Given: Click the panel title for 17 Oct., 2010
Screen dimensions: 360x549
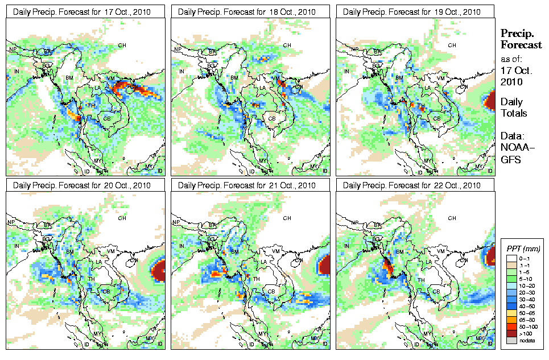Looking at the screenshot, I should tap(81, 11).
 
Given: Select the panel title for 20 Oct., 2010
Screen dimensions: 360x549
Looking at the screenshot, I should tap(81, 185).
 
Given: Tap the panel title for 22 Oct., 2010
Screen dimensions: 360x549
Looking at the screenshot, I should tap(412, 185).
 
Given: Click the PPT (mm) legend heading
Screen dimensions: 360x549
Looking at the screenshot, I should tap(523, 249).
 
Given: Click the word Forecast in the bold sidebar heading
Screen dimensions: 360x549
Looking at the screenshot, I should tap(521, 45).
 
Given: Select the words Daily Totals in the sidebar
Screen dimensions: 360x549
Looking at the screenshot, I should tap(514, 107).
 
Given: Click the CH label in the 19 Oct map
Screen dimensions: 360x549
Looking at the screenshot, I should tap(452, 45).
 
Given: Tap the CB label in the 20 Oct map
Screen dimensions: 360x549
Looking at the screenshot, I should tap(106, 292).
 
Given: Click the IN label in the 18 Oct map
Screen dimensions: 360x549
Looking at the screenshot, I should tap(182, 71).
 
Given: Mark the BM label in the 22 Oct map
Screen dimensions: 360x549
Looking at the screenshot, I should tap(399, 251).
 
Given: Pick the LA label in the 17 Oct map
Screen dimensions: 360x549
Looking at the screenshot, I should tap(97, 88).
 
